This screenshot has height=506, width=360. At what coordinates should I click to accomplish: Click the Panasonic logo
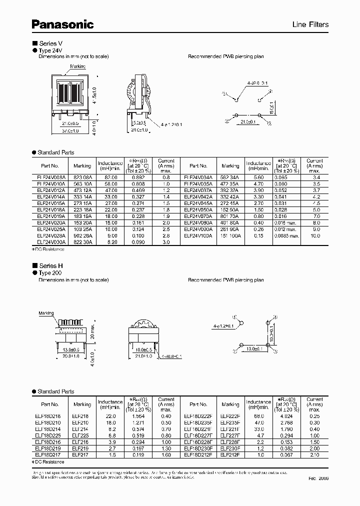coord(63,23)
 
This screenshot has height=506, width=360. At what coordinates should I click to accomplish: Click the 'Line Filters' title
coord(310,24)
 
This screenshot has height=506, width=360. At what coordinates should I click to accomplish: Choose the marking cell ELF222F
coord(230,416)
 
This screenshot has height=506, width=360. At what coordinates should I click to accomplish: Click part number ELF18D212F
coord(198,455)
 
